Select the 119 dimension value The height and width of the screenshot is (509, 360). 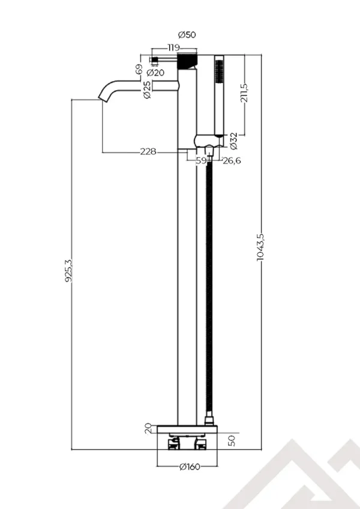point(173,47)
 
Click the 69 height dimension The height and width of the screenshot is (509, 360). point(139,70)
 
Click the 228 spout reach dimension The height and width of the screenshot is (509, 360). point(148,152)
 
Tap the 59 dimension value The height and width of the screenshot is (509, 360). point(201,161)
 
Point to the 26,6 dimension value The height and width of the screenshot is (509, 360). point(232,161)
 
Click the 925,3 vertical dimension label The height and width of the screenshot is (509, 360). point(70,271)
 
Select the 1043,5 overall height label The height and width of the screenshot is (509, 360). point(260,247)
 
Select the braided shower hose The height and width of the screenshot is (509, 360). point(209,288)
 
